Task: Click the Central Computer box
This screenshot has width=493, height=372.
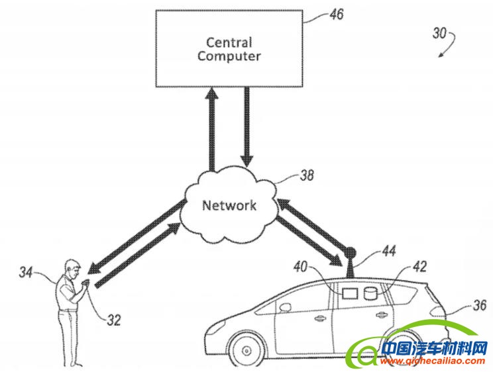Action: click(229, 49)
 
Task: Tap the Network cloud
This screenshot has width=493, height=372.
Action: click(229, 204)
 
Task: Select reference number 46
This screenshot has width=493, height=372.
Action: click(337, 14)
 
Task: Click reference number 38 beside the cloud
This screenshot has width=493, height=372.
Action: click(306, 176)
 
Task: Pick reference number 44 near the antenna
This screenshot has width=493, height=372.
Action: click(389, 252)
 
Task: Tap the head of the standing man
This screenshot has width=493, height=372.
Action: click(72, 269)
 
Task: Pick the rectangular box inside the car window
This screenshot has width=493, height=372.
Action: click(348, 292)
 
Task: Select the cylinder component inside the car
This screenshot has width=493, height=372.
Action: click(371, 292)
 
